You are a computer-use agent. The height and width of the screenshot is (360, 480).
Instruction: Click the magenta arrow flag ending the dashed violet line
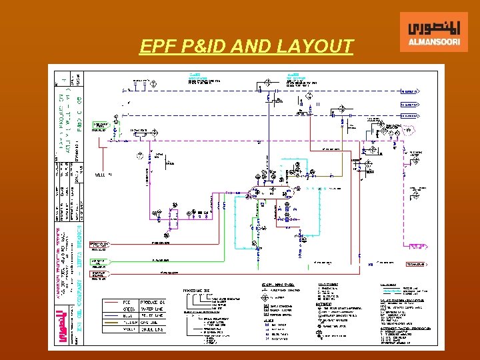point(417,247)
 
